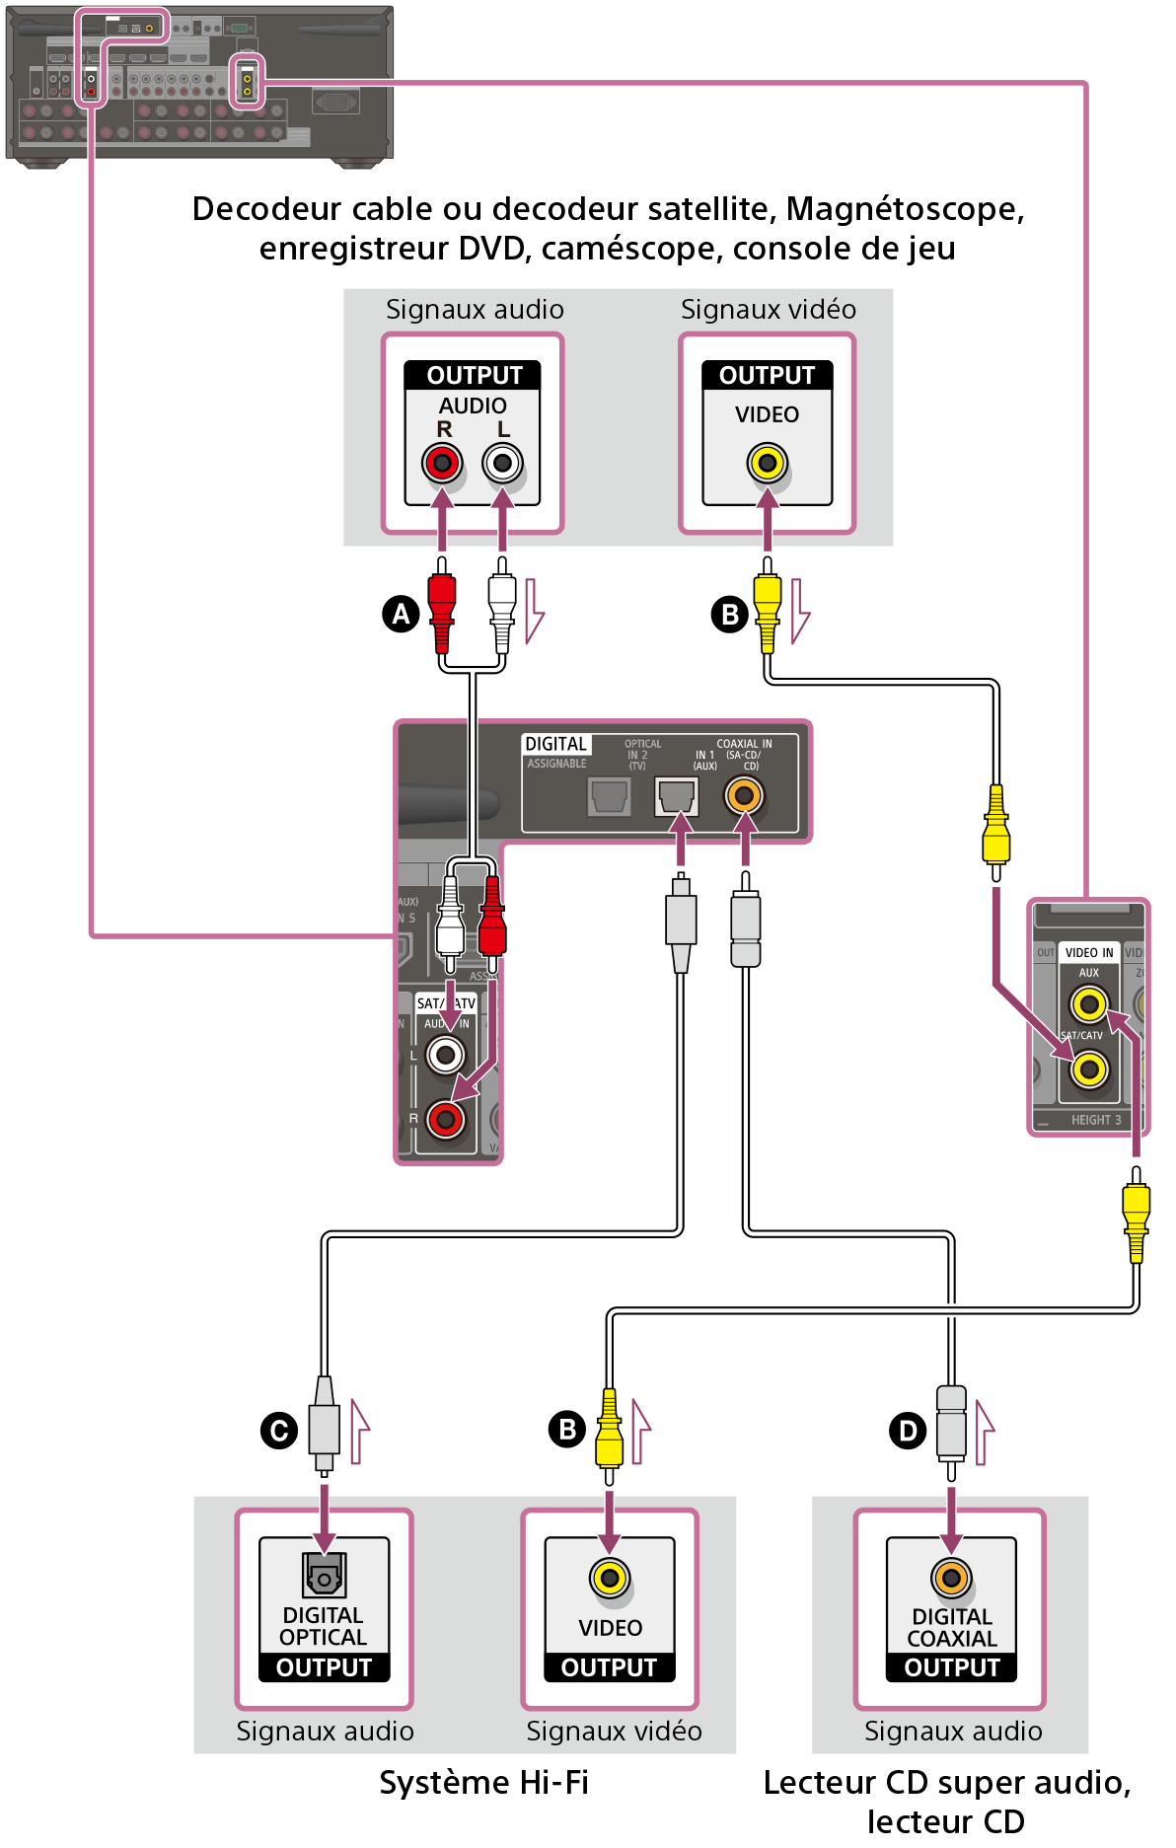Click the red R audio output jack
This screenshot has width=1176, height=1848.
[442, 463]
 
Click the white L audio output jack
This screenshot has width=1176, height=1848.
[503, 463]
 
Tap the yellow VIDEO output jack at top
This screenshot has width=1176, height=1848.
[768, 463]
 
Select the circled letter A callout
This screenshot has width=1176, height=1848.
[401, 614]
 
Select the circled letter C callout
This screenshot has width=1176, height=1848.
[278, 1430]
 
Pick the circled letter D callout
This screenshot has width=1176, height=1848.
[908, 1430]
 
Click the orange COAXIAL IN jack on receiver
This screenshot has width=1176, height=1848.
[745, 795]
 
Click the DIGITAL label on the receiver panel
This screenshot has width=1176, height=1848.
[555, 744]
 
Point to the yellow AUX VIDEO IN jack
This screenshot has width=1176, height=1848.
[1089, 1005]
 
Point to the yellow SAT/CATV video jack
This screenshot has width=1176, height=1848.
[1089, 1069]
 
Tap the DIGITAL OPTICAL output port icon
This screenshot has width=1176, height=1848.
[324, 1576]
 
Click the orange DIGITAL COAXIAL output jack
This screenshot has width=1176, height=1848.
[951, 1578]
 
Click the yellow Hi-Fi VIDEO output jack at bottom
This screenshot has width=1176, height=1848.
[610, 1578]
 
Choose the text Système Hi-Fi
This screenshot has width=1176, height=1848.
[483, 1783]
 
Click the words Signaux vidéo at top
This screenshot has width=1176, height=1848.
[768, 310]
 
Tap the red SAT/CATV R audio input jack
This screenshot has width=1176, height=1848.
[446, 1119]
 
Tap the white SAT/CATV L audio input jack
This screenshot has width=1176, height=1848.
[446, 1056]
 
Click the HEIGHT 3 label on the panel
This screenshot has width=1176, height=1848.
[1096, 1120]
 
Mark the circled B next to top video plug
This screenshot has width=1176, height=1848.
[730, 615]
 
